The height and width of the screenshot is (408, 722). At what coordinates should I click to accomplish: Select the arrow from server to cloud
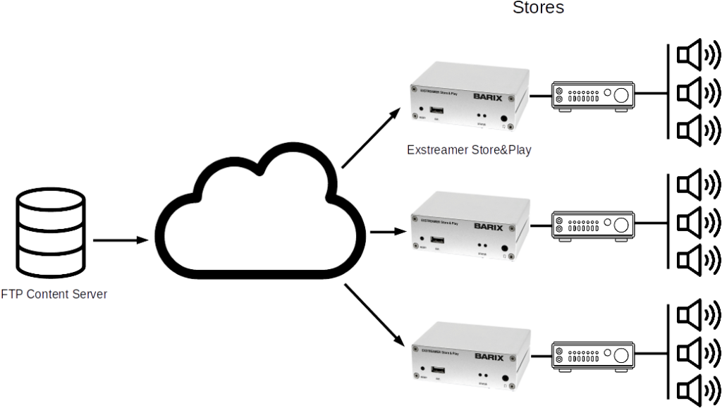(121, 240)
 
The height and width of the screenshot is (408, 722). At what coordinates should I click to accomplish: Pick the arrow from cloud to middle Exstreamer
(388, 230)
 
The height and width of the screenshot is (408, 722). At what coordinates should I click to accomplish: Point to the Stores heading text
(539, 8)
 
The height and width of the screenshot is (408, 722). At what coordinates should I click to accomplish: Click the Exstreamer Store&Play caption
(468, 150)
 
